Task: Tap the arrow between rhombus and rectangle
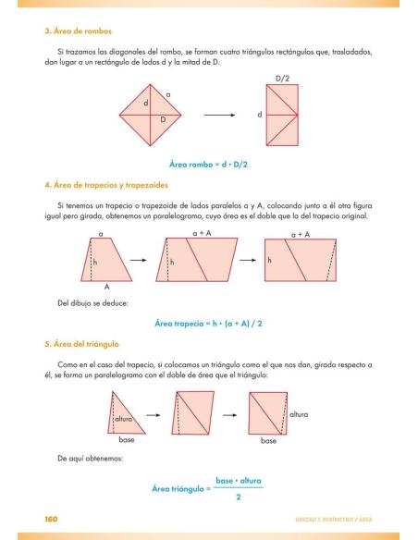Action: [x=217, y=115]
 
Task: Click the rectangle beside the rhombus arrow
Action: [x=283, y=116]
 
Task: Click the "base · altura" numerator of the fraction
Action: [x=238, y=481]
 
